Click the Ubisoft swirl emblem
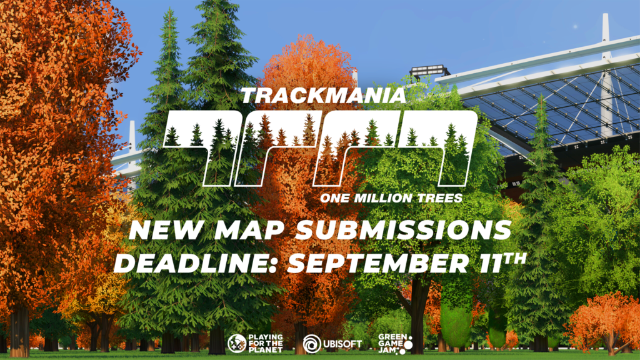click(312, 343)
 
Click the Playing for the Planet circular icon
click(237, 343)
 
